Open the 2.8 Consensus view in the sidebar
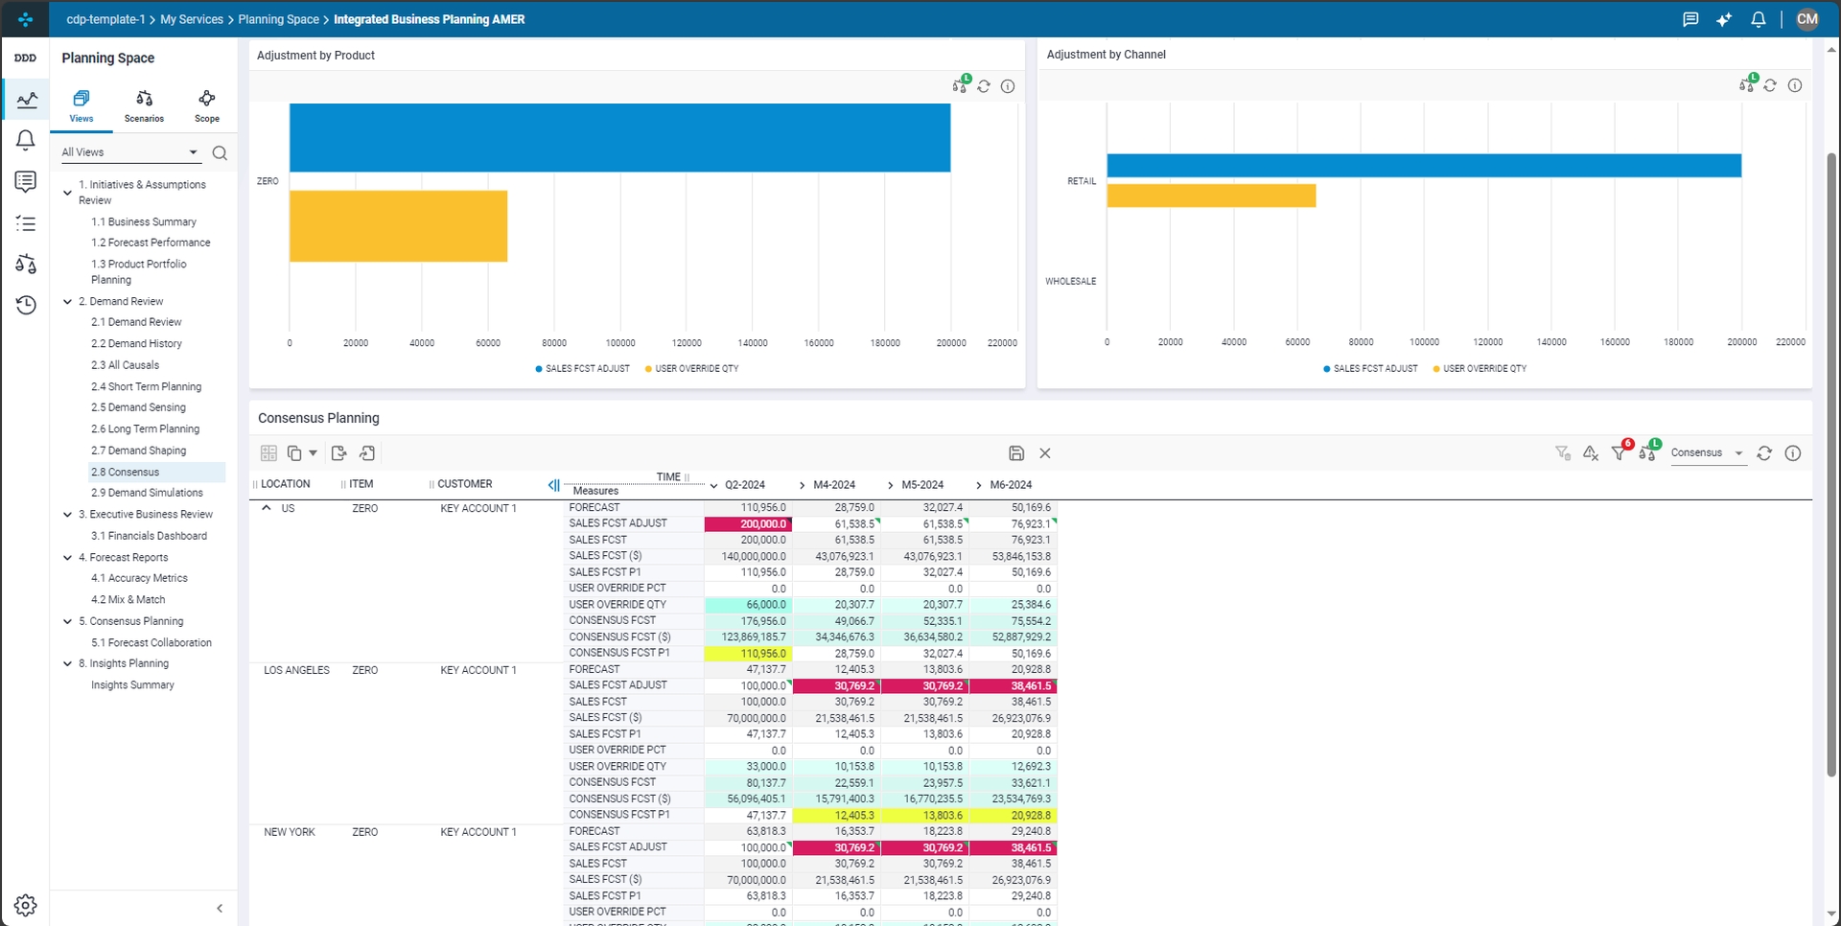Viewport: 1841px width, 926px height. point(126,472)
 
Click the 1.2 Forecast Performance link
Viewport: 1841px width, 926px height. point(151,243)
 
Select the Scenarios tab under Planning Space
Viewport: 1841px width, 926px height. point(144,106)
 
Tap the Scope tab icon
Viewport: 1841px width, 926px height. point(207,99)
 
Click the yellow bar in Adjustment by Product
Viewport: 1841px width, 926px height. point(398,226)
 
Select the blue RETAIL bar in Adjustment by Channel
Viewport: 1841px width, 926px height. point(1424,166)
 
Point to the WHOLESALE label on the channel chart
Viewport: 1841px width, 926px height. point(1070,282)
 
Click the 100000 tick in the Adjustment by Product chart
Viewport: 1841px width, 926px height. point(620,343)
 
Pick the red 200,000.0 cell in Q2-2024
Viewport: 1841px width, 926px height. point(748,524)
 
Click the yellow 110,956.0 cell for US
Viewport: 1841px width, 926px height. point(748,654)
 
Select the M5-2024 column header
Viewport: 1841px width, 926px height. point(922,485)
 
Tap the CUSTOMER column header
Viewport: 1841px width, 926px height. point(464,484)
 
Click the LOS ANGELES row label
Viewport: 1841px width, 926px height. point(296,671)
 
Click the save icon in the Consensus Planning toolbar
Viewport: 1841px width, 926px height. point(1016,453)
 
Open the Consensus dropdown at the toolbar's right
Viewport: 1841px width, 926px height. point(1708,453)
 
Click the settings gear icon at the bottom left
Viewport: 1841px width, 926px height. point(26,905)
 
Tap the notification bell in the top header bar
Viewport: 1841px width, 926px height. point(1758,19)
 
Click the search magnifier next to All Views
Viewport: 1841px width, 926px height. point(220,153)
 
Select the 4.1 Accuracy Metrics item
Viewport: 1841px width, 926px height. point(139,579)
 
